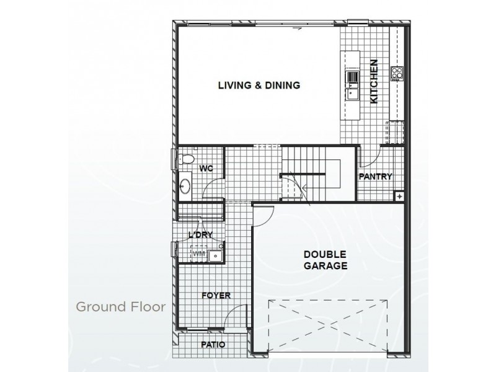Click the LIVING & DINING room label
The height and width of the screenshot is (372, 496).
(259, 86)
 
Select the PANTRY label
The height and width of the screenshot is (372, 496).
(376, 176)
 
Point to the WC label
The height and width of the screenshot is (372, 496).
(206, 169)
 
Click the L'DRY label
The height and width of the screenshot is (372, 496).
(200, 234)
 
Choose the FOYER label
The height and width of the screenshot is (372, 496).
(216, 296)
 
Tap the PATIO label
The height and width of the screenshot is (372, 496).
(213, 345)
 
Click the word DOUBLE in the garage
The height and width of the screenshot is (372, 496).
(325, 254)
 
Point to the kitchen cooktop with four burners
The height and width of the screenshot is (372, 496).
(396, 74)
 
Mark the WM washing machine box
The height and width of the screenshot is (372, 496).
(200, 253)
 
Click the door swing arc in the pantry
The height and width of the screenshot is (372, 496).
(366, 160)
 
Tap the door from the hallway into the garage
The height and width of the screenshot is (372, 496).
(263, 214)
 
